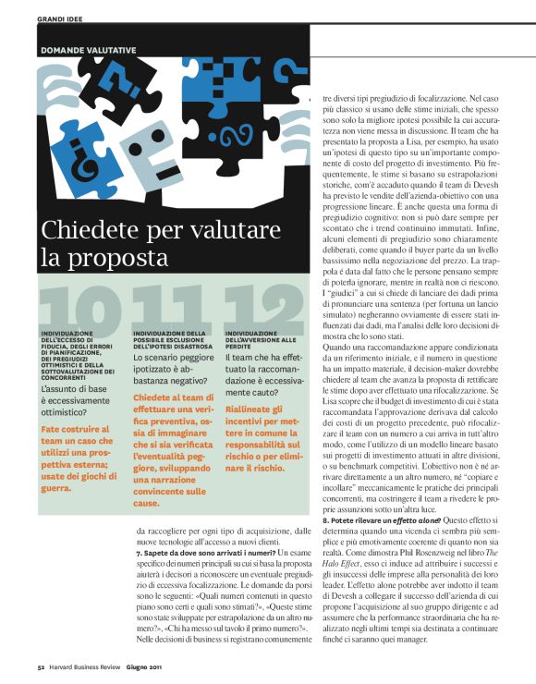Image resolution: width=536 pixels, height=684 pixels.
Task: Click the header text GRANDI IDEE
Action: click(59, 18)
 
